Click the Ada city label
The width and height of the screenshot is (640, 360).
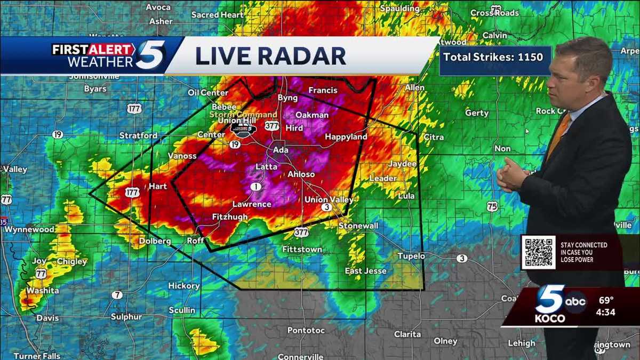tap(281, 150)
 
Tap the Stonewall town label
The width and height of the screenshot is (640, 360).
tap(358, 226)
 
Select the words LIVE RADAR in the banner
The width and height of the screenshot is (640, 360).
tap(270, 55)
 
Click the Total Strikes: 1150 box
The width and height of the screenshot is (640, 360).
tap(494, 57)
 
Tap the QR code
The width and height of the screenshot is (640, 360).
tap(538, 252)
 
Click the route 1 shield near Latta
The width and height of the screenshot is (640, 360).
tap(257, 187)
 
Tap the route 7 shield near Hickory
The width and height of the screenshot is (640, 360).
tap(117, 295)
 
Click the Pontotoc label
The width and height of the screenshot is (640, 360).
tap(306, 330)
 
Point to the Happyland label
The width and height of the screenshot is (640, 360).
tap(346, 137)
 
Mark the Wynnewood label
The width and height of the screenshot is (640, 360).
tap(29, 229)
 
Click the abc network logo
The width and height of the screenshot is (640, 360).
tap(575, 301)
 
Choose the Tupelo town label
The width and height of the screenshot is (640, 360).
tap(411, 256)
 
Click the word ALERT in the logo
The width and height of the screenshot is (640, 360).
tap(113, 50)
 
